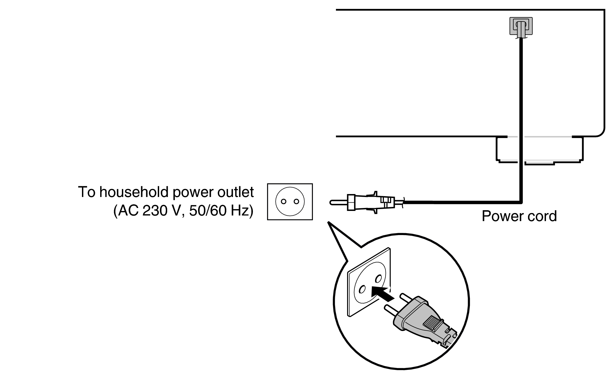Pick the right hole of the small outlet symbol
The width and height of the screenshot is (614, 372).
296,202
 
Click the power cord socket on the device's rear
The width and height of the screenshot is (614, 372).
521,26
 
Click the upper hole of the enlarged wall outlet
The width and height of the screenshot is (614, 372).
378,279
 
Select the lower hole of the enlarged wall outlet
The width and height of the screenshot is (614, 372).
362,289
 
